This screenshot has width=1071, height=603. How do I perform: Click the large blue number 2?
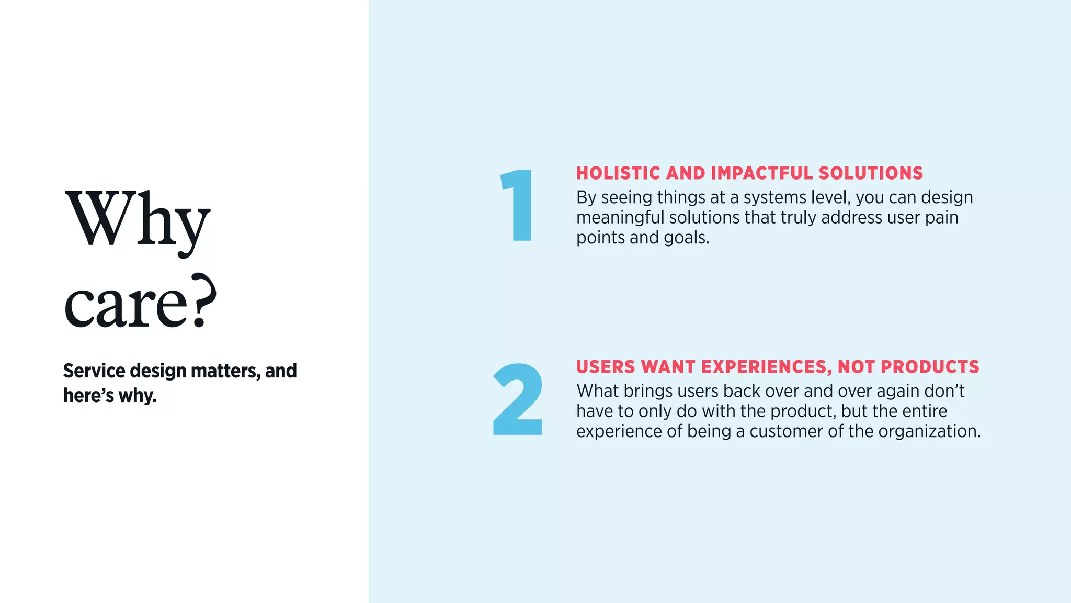tap(518, 399)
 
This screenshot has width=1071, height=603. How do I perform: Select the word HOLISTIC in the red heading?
tap(618, 173)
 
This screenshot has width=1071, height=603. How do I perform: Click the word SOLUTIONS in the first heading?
tap(871, 173)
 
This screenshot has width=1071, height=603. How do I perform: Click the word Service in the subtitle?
tap(94, 371)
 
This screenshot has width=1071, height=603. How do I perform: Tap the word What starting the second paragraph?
tap(597, 391)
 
